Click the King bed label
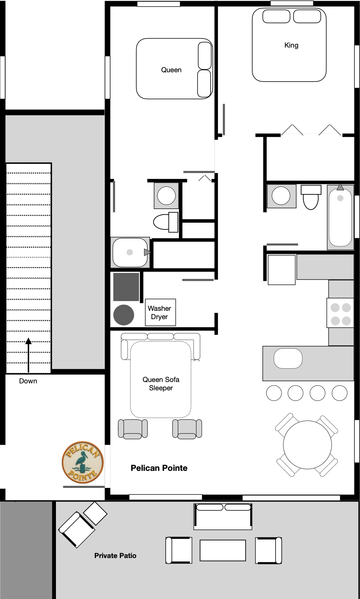point(291,45)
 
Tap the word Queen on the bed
point(171,70)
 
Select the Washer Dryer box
point(160,312)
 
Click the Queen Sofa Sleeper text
point(161,384)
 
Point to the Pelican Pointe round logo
point(83,462)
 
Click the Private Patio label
point(115,556)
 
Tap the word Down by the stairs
point(28,381)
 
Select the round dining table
point(307,445)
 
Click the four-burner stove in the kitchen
point(341,313)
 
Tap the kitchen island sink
point(288,358)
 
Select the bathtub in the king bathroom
point(341,217)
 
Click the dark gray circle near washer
point(124,315)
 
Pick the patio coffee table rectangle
point(223,550)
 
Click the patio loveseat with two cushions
point(223,516)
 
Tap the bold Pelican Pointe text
point(159,468)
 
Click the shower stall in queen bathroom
point(130,252)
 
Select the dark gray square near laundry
point(126,287)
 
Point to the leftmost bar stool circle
point(274,393)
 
